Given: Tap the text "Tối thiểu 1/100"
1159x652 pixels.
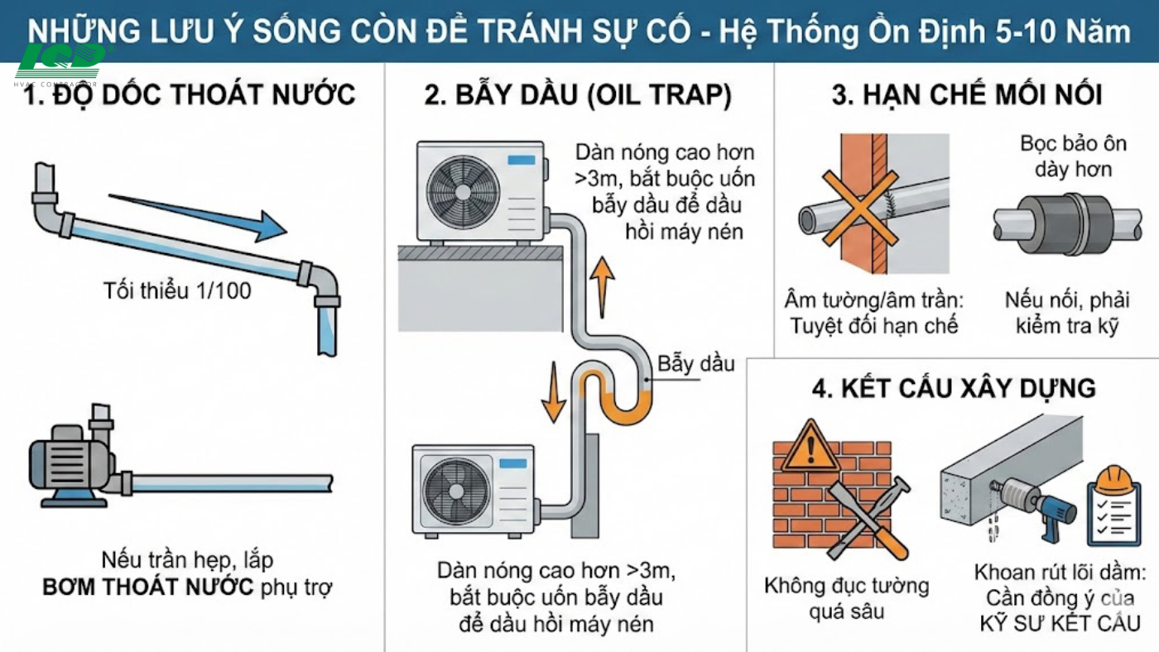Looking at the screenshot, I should (x=177, y=291).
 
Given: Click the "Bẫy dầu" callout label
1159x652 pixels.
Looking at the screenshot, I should (x=696, y=363).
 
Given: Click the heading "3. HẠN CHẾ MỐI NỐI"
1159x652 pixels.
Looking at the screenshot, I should (x=966, y=95).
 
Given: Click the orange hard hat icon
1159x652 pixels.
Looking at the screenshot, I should (x=1113, y=480).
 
